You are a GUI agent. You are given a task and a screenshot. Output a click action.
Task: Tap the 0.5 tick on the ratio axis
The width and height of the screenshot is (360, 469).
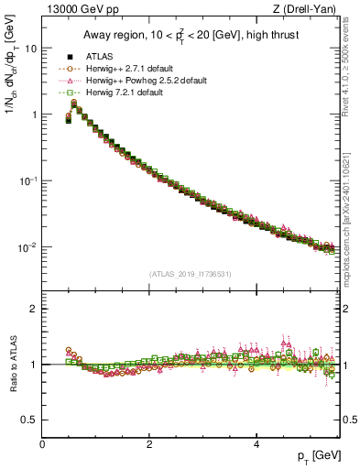coord(30,420)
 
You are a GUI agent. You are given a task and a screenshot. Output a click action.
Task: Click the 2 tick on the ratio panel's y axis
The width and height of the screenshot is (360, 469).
coord(35,309)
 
